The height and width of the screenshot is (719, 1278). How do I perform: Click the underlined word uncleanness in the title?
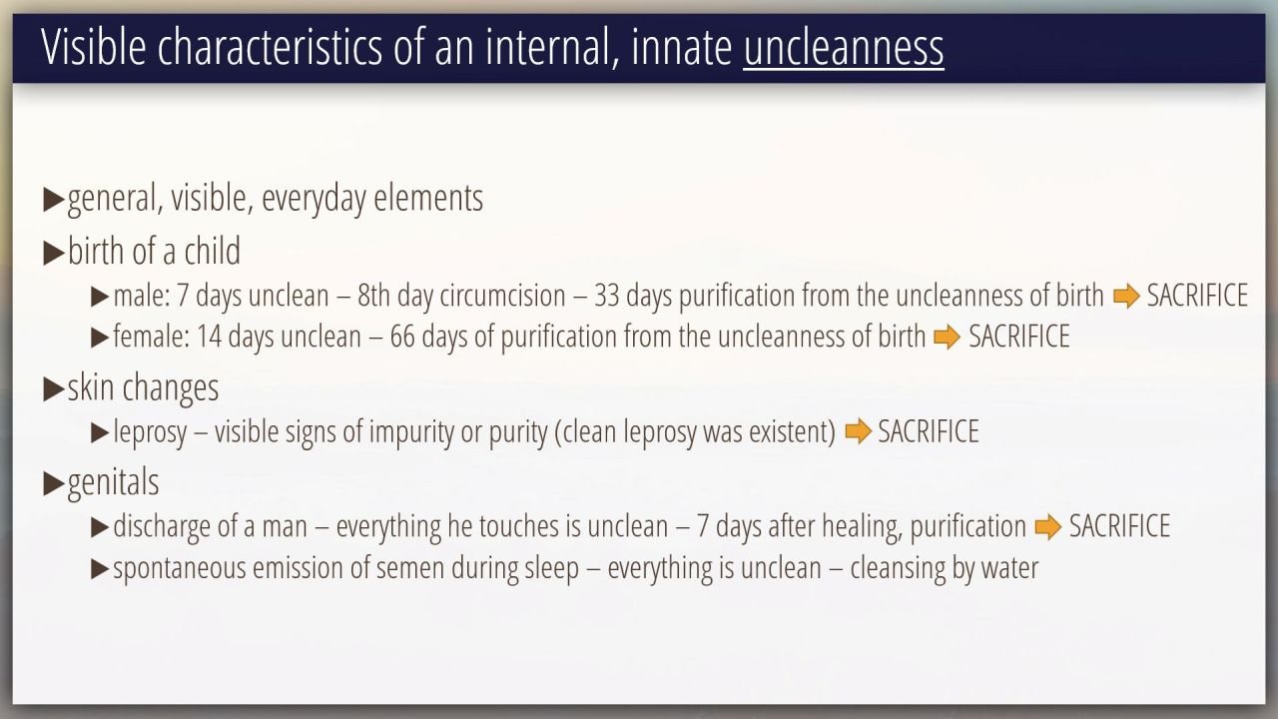pyautogui.click(x=844, y=47)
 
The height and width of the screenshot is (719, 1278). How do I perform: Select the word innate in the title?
pyautogui.click(x=681, y=47)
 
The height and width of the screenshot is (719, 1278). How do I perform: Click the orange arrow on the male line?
pyautogui.click(x=1127, y=297)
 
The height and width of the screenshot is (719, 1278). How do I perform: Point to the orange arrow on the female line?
pyautogui.click(x=948, y=337)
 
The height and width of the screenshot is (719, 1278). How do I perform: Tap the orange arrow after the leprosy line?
pyautogui.click(x=858, y=431)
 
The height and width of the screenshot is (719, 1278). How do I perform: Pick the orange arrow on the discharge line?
pyautogui.click(x=1048, y=526)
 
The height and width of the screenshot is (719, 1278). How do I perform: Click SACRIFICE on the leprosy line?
pyautogui.click(x=929, y=431)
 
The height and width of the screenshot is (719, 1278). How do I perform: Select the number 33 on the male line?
pyautogui.click(x=606, y=296)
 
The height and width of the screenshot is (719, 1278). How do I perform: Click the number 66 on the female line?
pyautogui.click(x=402, y=337)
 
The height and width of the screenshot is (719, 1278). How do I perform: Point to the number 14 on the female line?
pyautogui.click(x=209, y=337)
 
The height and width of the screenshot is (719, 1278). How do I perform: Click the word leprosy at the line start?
pyautogui.click(x=150, y=432)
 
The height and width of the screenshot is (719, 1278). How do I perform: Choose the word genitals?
pyautogui.click(x=113, y=482)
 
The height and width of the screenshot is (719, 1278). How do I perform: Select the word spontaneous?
pyautogui.click(x=179, y=569)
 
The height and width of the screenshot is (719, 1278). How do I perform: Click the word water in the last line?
pyautogui.click(x=1009, y=568)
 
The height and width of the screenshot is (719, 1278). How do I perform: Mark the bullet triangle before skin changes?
pyautogui.click(x=54, y=389)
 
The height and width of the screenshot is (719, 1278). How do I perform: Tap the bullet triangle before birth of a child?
pyautogui.click(x=54, y=253)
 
